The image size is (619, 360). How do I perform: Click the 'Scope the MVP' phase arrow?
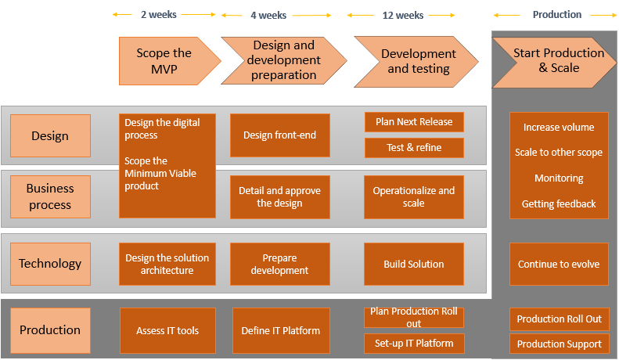164,61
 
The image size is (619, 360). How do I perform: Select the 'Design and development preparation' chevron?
284,61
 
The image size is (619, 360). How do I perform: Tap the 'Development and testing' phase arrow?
416,61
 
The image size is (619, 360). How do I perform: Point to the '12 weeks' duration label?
403,15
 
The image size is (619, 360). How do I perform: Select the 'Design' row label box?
50,136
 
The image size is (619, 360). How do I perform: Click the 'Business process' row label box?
50,196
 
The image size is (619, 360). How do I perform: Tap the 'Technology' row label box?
50,264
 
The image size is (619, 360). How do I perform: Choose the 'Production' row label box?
50,330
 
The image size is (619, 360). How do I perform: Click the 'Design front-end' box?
279,135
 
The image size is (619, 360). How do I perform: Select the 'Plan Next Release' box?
414,122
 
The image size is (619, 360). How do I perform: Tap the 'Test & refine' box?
414,148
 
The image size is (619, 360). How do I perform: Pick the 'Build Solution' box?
414,264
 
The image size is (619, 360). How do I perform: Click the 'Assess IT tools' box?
167,330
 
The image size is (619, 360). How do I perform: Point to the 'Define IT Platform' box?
280,330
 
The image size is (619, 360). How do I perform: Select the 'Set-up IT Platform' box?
414,343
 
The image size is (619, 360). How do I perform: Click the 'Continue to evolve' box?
559,264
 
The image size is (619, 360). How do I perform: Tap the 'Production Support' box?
559,344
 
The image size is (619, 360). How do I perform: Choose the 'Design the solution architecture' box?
167,264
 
